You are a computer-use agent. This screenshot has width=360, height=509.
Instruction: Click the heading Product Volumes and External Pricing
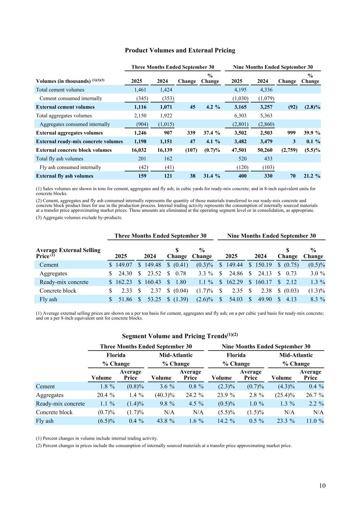(x=180, y=50)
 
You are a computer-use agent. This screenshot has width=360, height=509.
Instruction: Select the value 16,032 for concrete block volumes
(x=139, y=150)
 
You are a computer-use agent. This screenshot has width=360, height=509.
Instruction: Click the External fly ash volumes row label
(x=64, y=176)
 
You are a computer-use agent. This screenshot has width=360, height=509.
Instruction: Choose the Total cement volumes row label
(x=60, y=89)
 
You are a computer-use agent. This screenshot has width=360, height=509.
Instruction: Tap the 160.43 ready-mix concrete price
(x=152, y=282)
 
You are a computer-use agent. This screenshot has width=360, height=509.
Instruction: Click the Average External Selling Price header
(x=68, y=253)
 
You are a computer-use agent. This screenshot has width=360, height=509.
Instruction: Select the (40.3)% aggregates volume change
(x=164, y=395)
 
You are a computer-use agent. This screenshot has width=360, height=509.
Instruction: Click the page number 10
(x=322, y=486)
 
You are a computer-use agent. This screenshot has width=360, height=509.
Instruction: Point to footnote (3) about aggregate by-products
(x=79, y=217)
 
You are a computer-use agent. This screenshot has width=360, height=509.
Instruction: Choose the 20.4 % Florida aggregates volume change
(x=105, y=395)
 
